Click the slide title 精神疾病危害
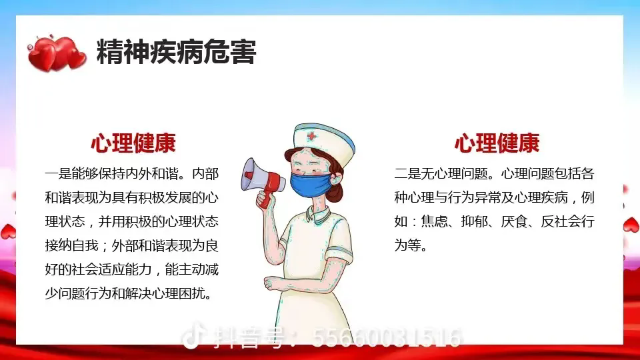[176, 52]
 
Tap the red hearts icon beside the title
[57, 53]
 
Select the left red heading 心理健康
[133, 143]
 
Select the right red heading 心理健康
[497, 143]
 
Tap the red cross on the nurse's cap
[312, 136]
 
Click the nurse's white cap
[325, 143]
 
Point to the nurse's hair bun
[335, 191]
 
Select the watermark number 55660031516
[387, 338]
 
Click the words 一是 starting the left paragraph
[58, 174]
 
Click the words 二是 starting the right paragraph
[407, 174]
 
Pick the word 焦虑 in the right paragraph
[434, 221]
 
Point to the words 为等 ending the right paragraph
[407, 246]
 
